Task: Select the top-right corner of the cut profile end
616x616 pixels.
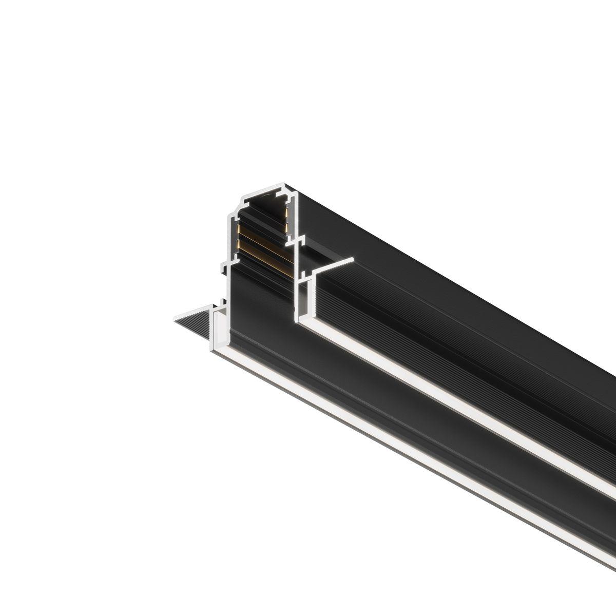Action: click(297, 190)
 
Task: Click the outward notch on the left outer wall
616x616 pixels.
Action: click(223, 265)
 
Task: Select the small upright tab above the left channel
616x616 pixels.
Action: click(222, 303)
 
